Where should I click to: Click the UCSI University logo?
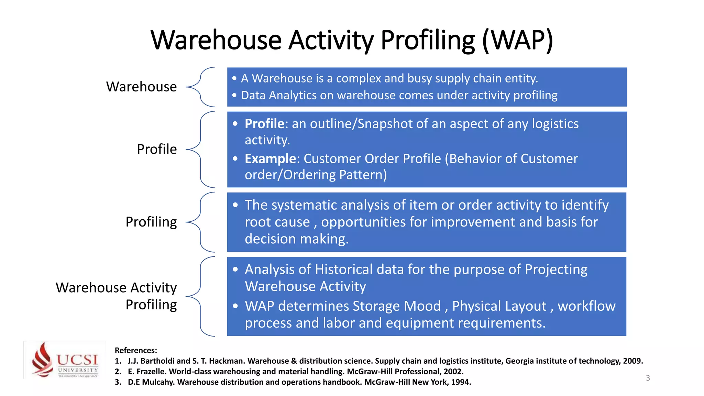click(65, 360)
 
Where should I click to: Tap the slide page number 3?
click(648, 378)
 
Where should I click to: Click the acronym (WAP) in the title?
click(517, 40)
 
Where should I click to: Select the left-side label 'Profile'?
click(157, 149)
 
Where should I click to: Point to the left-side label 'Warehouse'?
click(141, 87)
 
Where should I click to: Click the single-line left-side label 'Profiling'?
click(151, 222)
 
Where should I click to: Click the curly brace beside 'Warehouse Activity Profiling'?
click(201, 296)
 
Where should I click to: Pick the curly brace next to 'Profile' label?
click(201, 150)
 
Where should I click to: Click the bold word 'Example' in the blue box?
click(270, 159)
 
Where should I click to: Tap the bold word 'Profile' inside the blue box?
click(264, 124)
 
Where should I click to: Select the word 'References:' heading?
click(136, 350)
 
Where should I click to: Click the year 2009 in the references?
click(632, 361)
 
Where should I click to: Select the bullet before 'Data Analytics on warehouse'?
click(234, 95)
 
